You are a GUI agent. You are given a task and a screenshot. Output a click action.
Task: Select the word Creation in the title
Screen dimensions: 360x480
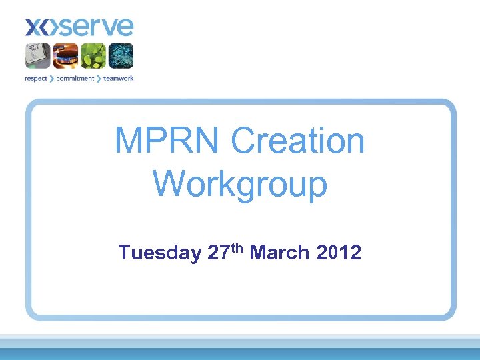click(x=297, y=141)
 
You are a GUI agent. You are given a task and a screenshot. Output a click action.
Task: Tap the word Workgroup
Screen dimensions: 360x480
click(x=240, y=183)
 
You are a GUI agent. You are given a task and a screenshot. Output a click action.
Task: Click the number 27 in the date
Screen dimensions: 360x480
click(x=219, y=253)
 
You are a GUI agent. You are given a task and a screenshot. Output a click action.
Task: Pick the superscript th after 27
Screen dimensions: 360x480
click(x=238, y=248)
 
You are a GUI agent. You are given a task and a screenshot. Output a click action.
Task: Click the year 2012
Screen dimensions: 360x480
click(x=339, y=253)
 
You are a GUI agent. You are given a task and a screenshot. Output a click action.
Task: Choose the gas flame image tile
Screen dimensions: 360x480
click(x=65, y=55)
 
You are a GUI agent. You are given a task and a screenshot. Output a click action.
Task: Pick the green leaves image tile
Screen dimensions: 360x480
click(x=93, y=55)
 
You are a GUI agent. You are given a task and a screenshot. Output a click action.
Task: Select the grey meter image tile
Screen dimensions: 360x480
click(x=38, y=55)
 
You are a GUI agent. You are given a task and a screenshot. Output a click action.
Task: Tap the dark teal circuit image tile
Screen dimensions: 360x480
click(x=121, y=55)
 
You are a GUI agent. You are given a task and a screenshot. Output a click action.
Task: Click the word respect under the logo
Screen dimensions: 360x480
click(x=36, y=79)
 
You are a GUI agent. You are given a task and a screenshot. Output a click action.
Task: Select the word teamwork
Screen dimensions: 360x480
click(x=118, y=79)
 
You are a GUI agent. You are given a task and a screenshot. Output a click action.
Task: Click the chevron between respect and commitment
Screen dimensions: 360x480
click(x=51, y=79)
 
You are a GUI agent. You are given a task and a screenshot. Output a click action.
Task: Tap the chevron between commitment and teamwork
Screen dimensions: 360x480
click(x=99, y=79)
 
